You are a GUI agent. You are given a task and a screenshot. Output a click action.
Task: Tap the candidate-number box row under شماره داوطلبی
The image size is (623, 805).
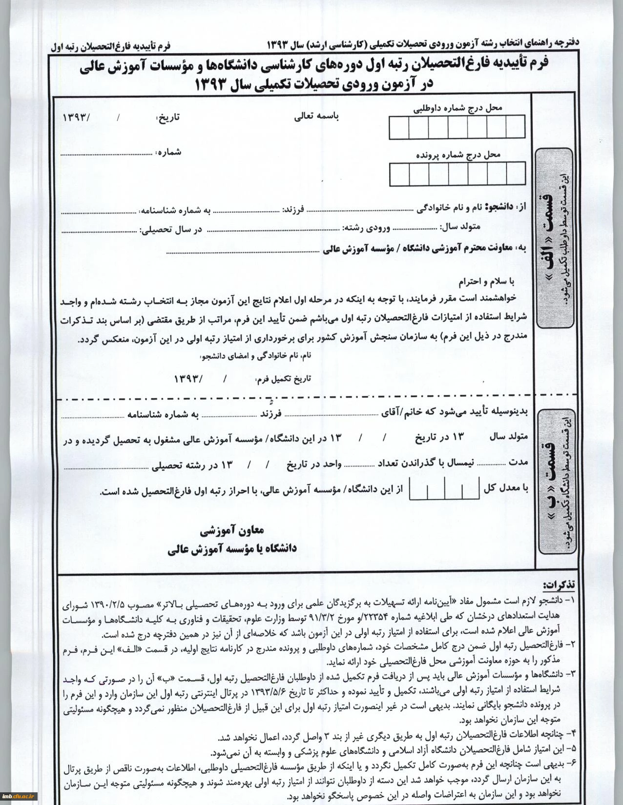pos(457,127)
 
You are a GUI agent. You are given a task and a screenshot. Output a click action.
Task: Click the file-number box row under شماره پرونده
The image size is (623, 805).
pos(457,174)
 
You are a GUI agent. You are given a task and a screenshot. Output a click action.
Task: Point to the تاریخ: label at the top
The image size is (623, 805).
pos(167,118)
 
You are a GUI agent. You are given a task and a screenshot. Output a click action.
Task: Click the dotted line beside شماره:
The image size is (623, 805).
pos(106,154)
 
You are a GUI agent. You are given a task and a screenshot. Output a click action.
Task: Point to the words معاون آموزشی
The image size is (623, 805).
pos(232,529)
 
